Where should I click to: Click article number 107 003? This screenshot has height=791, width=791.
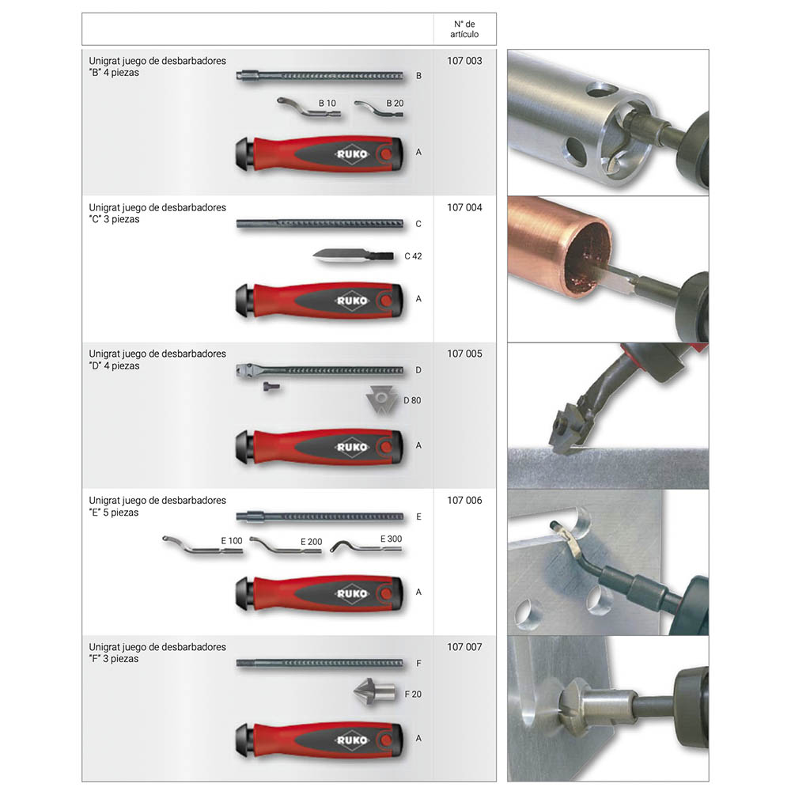[x=464, y=61]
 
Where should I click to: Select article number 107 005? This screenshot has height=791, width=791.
[x=464, y=354]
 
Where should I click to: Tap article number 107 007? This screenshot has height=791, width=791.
[x=464, y=647]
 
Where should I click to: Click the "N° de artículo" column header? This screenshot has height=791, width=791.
[x=464, y=29]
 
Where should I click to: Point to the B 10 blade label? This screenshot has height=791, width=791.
[x=327, y=103]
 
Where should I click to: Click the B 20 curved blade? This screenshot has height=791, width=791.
[x=378, y=110]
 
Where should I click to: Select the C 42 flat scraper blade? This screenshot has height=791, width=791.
[x=353, y=255]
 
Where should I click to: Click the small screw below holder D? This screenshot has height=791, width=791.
[x=271, y=387]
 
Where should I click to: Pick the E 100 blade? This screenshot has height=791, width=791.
[x=202, y=547]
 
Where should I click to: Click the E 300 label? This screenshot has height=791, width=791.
[x=391, y=539]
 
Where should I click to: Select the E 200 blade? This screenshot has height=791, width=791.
[x=285, y=546]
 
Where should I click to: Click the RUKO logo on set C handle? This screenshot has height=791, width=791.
[x=352, y=301]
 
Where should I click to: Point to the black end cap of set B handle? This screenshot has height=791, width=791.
[x=244, y=154]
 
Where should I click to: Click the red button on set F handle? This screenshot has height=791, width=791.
[x=387, y=740]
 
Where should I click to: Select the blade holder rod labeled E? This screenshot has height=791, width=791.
[x=320, y=517]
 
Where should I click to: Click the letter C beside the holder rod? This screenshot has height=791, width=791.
[x=418, y=224]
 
